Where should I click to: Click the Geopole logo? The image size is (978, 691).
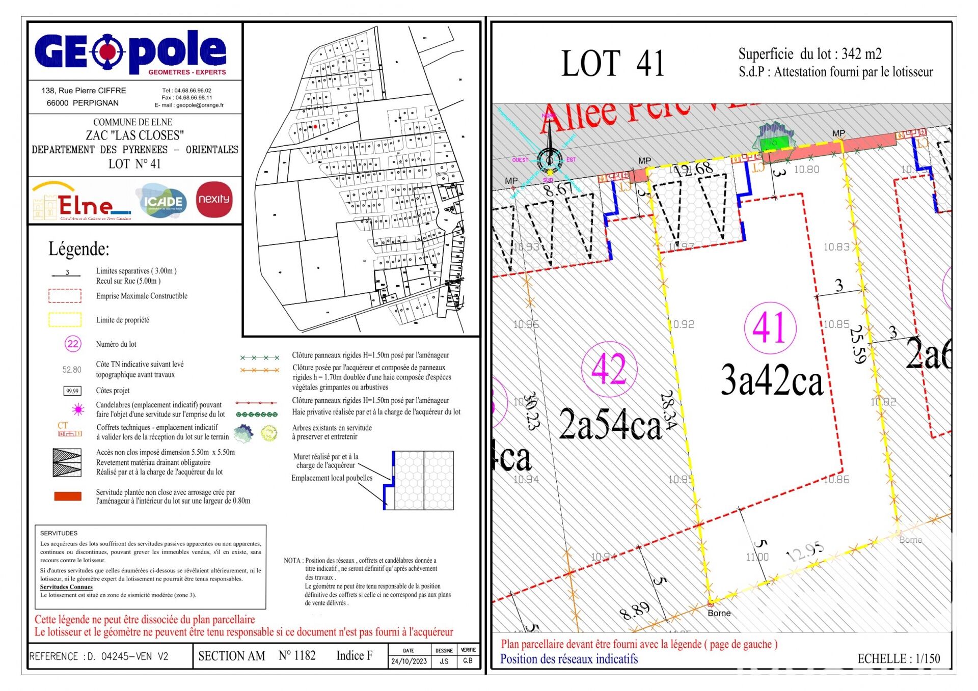click(x=130, y=52)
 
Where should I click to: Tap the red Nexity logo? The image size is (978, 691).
click(x=214, y=199)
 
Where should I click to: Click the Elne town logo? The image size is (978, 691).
click(x=81, y=203)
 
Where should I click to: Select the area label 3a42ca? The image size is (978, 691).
click(x=772, y=381)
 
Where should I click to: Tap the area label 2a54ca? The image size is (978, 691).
click(x=610, y=424)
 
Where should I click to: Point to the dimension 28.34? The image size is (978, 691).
click(x=668, y=410)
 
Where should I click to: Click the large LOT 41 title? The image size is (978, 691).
click(x=613, y=64)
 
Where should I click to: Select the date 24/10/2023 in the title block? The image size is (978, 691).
click(x=409, y=661)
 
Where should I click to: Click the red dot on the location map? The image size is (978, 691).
click(x=315, y=127)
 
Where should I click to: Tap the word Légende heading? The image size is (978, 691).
click(x=79, y=249)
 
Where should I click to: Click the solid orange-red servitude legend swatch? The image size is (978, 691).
click(x=68, y=496)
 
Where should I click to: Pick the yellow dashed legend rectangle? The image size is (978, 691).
click(x=65, y=319)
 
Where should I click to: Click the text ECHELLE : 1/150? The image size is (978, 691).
click(x=899, y=658)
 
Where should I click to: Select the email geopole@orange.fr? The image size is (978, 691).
click(x=200, y=105)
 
